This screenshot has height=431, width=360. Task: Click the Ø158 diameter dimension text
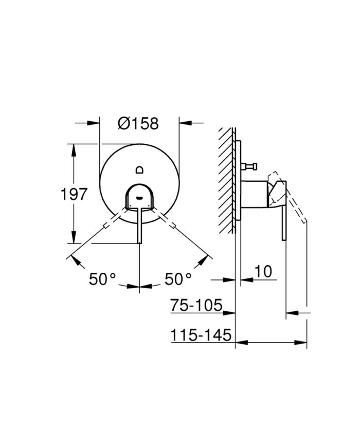[138, 123]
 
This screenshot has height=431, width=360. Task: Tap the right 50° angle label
[178, 279]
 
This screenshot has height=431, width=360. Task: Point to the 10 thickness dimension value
[263, 271]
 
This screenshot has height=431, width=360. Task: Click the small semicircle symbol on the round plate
[139, 170]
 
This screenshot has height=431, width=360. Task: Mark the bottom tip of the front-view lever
[139, 242]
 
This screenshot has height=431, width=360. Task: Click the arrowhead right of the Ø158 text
[185, 123]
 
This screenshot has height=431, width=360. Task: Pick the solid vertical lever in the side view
[283, 221]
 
